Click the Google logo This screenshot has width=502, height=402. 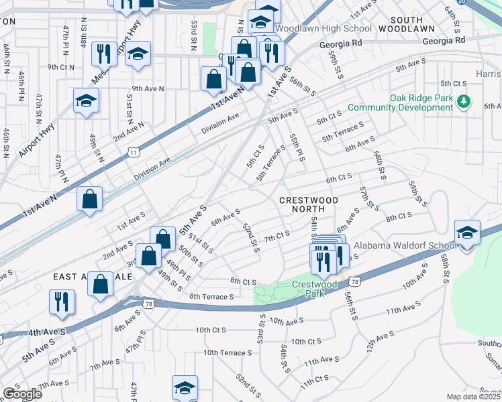click(x=22, y=394)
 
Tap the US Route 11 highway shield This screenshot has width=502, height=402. click(x=134, y=153)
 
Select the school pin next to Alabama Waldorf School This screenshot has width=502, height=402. click(x=467, y=232)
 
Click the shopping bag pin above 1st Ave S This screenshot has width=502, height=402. click(x=89, y=199)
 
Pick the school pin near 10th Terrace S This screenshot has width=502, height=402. click(x=185, y=388)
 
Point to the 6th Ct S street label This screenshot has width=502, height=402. click(x=339, y=179)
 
